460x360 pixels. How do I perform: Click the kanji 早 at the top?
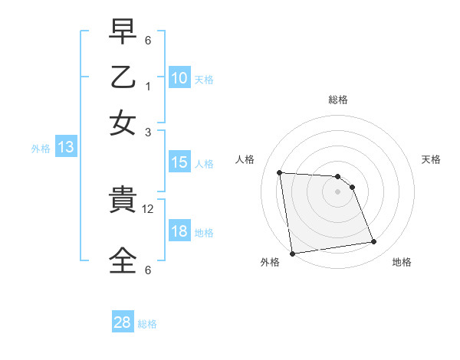(x=123, y=34)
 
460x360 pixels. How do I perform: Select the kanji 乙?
(x=123, y=79)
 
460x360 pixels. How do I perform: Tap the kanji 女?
(x=123, y=123)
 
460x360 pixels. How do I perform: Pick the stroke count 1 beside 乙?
(x=148, y=86)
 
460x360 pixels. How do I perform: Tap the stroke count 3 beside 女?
(x=148, y=132)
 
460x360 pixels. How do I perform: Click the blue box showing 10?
(x=179, y=77)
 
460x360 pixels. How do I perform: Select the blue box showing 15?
(x=179, y=162)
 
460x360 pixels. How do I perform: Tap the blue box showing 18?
(x=179, y=231)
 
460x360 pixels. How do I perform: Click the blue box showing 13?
(x=65, y=147)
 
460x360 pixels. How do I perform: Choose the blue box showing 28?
(x=123, y=322)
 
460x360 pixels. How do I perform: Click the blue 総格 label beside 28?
(x=147, y=324)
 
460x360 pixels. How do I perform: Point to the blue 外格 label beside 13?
(x=40, y=149)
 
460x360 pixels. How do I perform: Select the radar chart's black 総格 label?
(x=337, y=100)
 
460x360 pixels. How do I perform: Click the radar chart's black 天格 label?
(x=431, y=159)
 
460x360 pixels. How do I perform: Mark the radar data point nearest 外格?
(x=292, y=253)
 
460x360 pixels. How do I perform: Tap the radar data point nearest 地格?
(x=373, y=242)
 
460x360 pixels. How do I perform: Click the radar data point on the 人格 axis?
(x=280, y=172)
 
